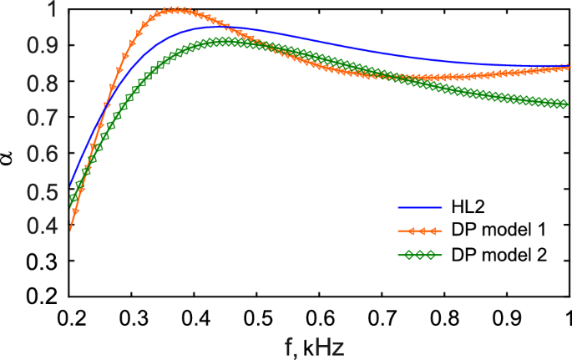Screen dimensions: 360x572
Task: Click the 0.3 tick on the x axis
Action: (x=131, y=317)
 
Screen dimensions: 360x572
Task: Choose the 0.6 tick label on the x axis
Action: (x=319, y=317)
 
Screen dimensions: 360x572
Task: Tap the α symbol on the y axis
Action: (x=9, y=154)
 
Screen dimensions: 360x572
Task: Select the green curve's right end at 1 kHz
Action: (x=568, y=104)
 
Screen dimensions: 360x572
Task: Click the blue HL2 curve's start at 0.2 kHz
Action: (x=68, y=187)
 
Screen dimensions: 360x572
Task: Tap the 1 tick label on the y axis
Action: (x=51, y=9)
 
